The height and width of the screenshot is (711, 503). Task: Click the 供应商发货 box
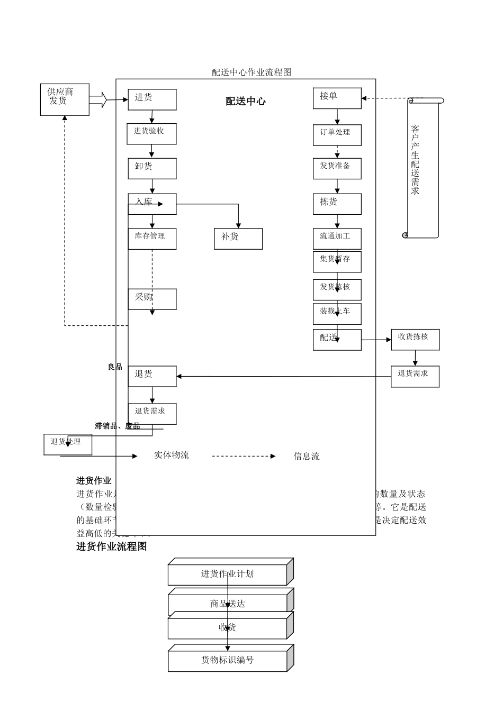click(65, 99)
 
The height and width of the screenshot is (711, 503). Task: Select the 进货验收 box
click(151, 134)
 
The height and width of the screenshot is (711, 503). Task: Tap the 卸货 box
click(152, 168)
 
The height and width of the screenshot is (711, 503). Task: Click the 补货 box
click(238, 239)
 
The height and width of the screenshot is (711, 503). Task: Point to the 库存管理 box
click(152, 239)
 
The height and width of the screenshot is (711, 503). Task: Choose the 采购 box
click(152, 299)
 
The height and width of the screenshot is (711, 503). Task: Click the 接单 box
click(337, 98)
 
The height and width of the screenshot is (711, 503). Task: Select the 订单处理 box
click(337, 135)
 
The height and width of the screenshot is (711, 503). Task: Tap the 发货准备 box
click(337, 168)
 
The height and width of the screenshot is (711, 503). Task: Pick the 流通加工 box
click(337, 239)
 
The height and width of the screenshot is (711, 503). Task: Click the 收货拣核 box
click(415, 340)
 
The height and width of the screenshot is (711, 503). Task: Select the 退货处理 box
click(68, 444)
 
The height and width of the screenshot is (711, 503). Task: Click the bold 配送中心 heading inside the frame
click(246, 102)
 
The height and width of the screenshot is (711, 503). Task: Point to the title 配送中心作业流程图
click(251, 72)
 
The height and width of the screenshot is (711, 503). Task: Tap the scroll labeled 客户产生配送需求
click(422, 167)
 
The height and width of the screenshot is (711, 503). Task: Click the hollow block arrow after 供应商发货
click(98, 99)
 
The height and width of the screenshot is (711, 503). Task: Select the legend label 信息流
click(307, 456)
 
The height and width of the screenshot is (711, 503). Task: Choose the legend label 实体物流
click(171, 455)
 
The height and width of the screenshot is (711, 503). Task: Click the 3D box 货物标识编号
click(228, 660)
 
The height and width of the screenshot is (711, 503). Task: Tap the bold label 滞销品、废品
click(117, 426)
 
